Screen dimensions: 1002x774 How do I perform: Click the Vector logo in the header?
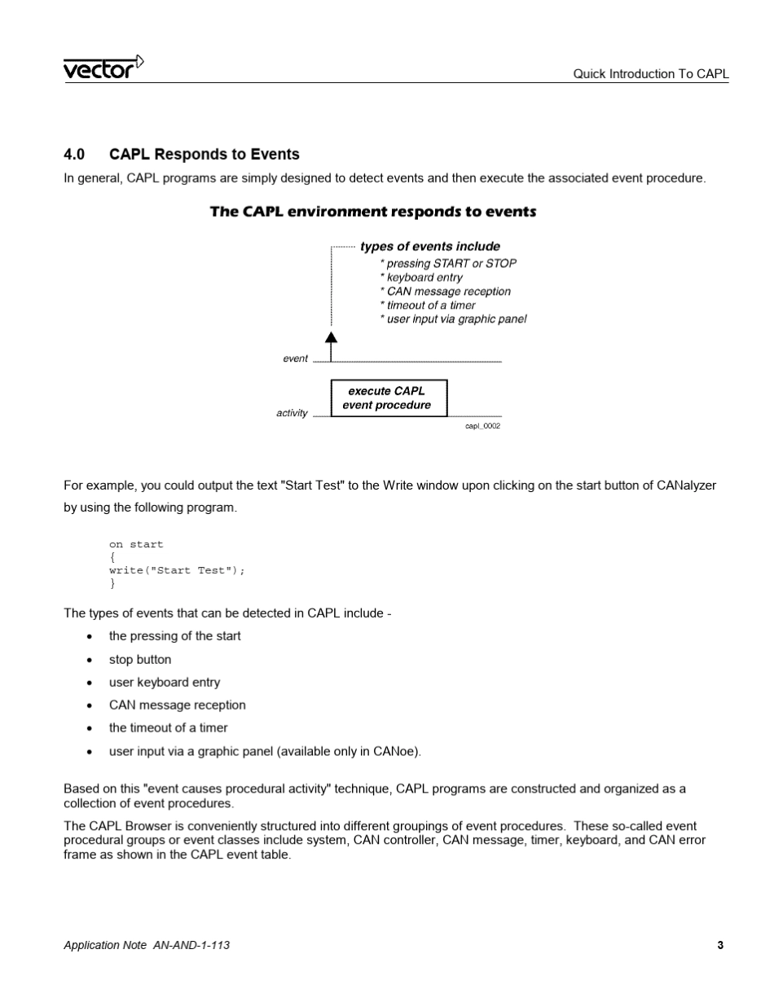pyautogui.click(x=103, y=68)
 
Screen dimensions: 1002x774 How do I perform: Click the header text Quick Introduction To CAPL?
pyautogui.click(x=650, y=73)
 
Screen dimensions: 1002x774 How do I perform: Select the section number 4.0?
pyautogui.click(x=74, y=155)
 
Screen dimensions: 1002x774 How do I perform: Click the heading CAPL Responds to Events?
pyautogui.click(x=204, y=155)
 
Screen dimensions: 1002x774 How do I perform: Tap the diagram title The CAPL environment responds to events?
pyautogui.click(x=373, y=212)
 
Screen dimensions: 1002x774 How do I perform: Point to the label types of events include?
pyautogui.click(x=430, y=247)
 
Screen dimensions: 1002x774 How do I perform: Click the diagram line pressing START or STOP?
pyautogui.click(x=448, y=264)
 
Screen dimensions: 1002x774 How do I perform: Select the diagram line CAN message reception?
pyautogui.click(x=446, y=292)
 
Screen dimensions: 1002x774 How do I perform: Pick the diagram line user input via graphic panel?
pyautogui.click(x=453, y=319)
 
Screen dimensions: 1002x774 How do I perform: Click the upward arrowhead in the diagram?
pyautogui.click(x=331, y=337)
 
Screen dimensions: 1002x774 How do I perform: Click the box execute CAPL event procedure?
pyautogui.click(x=388, y=398)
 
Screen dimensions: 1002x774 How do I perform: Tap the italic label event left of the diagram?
pyautogui.click(x=295, y=358)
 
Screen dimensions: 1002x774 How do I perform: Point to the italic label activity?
pyautogui.click(x=292, y=413)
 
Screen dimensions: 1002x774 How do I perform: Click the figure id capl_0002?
pyautogui.click(x=482, y=426)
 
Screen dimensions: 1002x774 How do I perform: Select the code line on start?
pyautogui.click(x=136, y=544)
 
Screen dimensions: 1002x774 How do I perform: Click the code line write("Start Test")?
pyautogui.click(x=177, y=570)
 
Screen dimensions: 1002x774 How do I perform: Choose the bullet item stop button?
pyautogui.click(x=140, y=659)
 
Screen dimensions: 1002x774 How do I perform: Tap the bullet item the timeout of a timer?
pyautogui.click(x=169, y=727)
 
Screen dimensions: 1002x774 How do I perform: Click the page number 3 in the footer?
pyautogui.click(x=720, y=945)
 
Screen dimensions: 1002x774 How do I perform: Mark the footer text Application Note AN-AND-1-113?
pyautogui.click(x=147, y=945)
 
